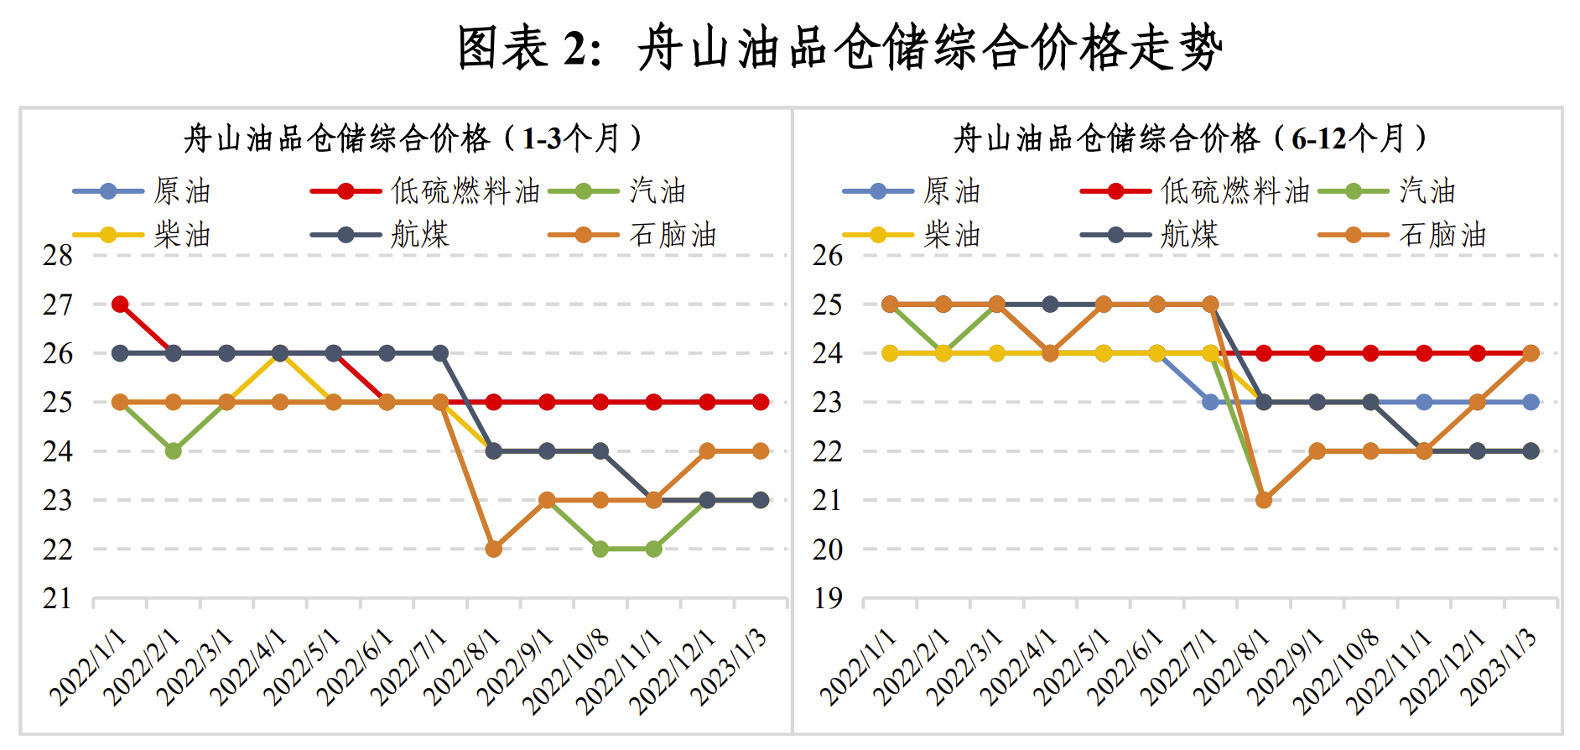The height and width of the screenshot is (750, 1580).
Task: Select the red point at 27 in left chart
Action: [120, 304]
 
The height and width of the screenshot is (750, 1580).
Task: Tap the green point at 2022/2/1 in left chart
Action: [174, 451]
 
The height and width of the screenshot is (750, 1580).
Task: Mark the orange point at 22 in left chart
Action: [494, 549]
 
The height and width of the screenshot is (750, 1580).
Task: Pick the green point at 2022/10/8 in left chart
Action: [600, 549]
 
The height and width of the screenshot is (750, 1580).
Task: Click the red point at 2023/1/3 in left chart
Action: [761, 403]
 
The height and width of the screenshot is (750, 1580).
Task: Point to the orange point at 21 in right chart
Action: [1264, 500]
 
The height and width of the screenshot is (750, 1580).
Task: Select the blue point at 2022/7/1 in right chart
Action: [1210, 403]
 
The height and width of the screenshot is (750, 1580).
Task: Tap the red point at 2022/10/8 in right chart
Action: [1370, 353]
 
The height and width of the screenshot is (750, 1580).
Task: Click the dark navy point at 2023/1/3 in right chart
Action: [1531, 451]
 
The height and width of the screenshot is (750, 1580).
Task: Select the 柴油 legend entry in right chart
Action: [952, 235]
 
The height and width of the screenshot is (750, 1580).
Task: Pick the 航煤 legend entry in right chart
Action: [1189, 235]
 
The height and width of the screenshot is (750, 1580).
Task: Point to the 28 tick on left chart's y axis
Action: [58, 255]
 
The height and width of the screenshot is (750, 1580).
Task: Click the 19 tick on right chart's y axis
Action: [828, 599]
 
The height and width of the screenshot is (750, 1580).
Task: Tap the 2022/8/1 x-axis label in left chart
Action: [462, 667]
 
